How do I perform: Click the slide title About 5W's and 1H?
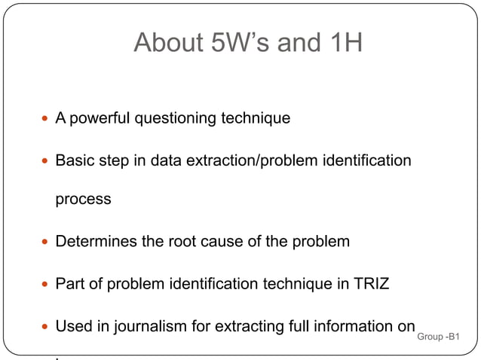click(x=248, y=43)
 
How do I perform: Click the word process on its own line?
click(x=83, y=200)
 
